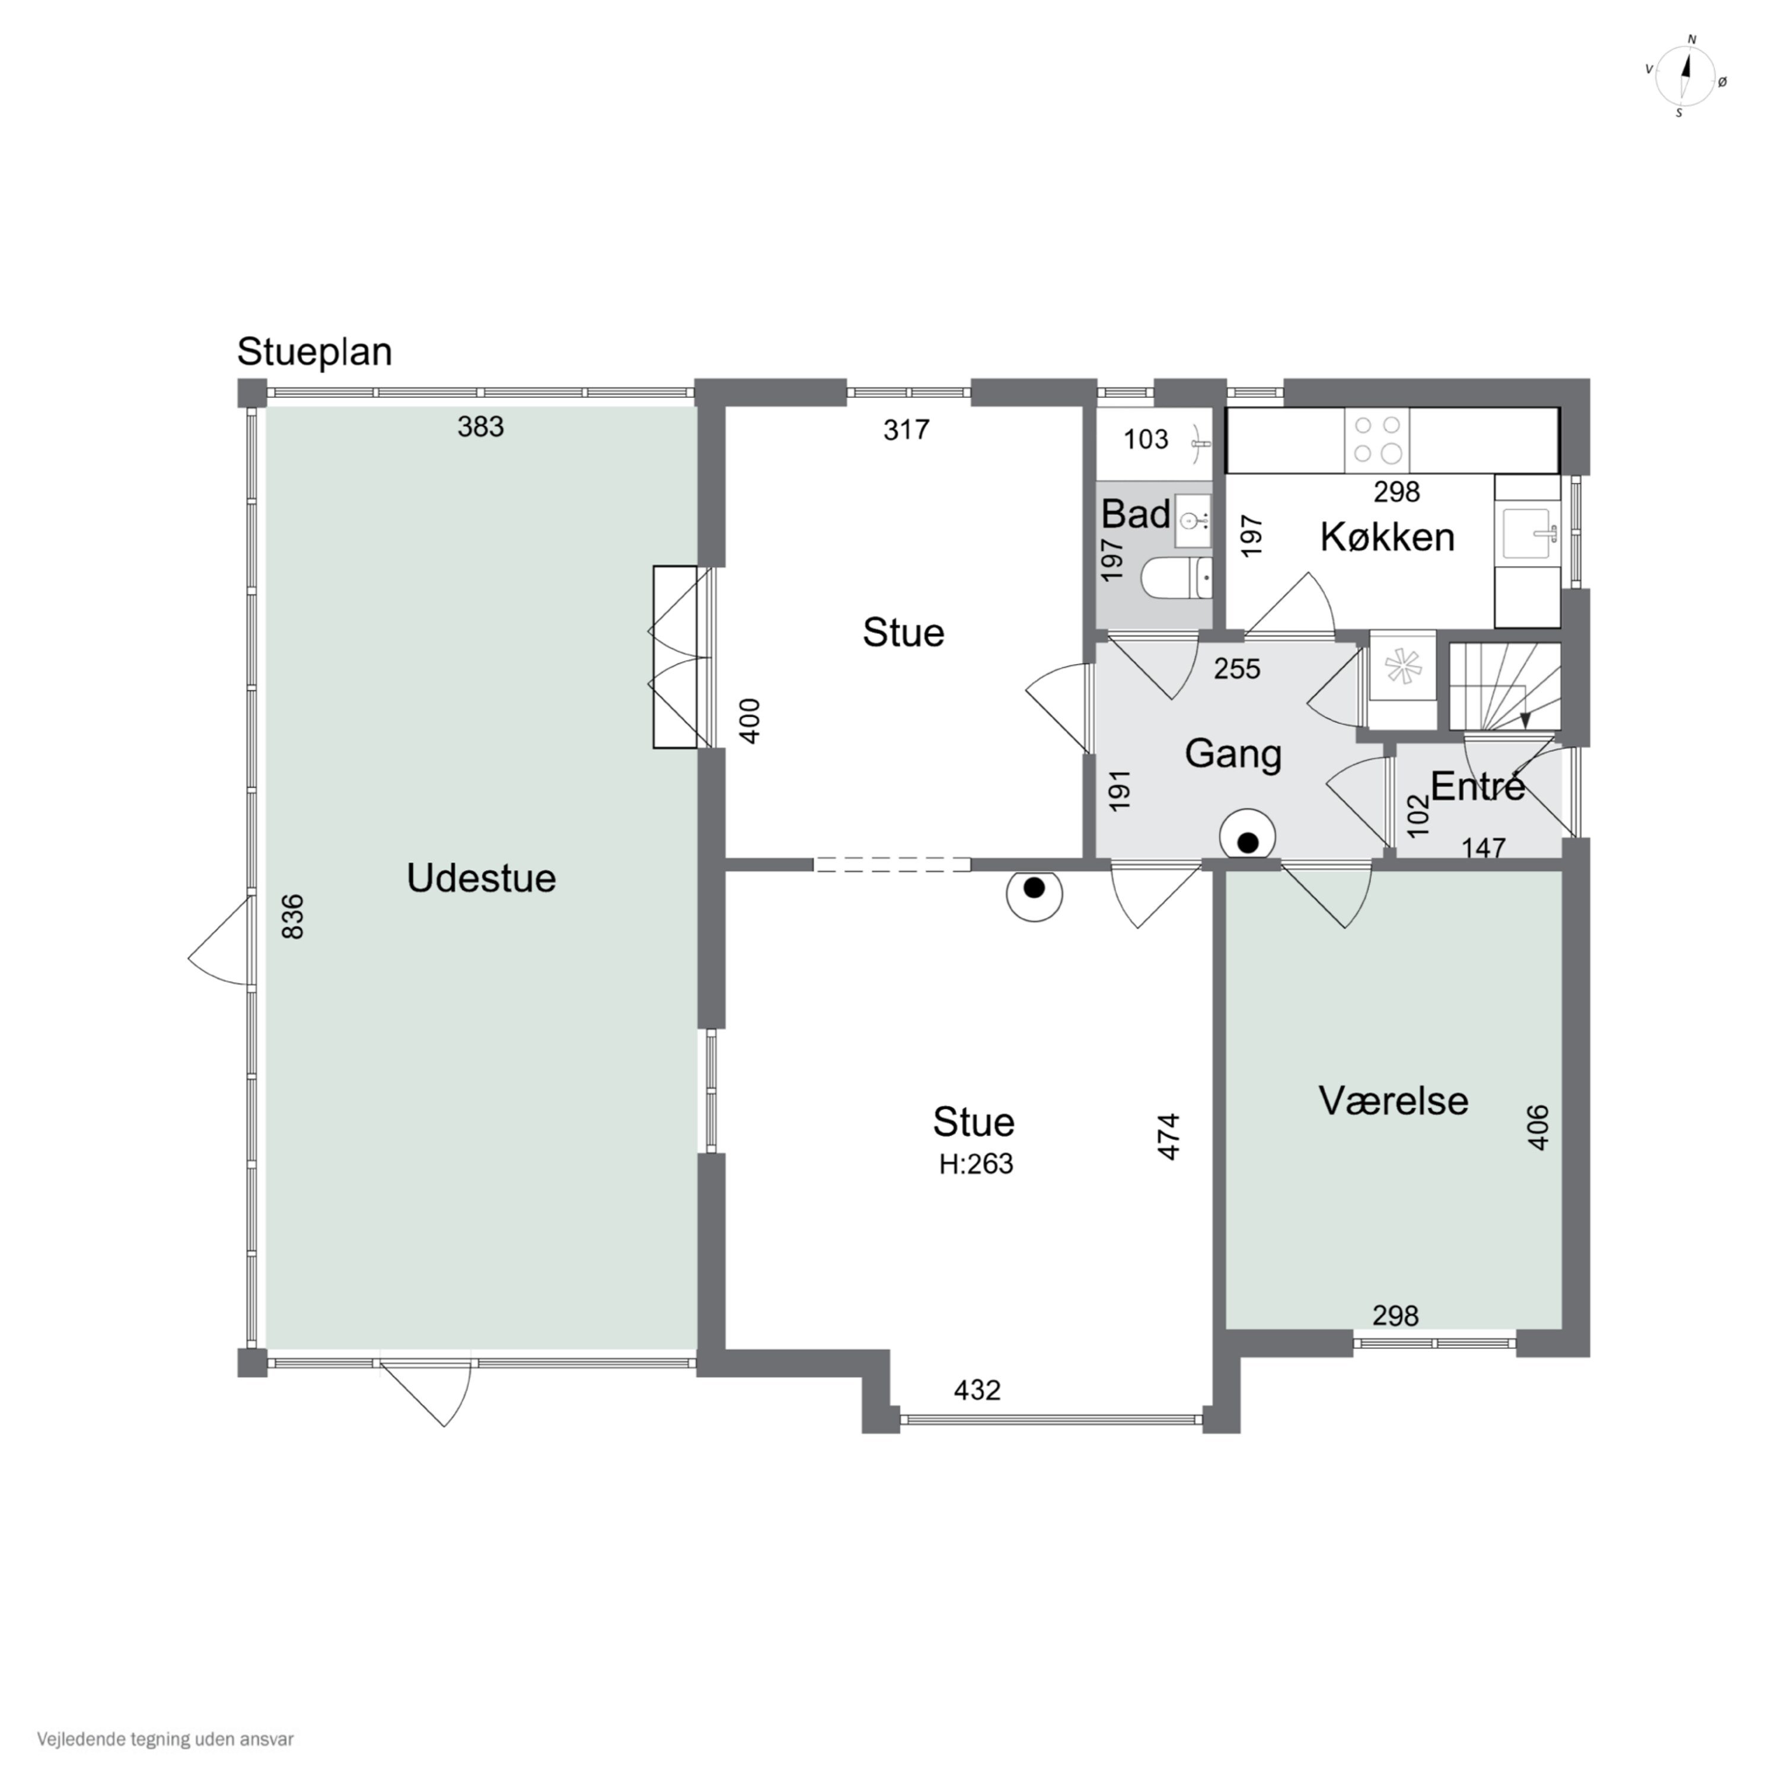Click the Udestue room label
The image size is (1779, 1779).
pyautogui.click(x=481, y=878)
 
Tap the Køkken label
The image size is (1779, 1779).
pyautogui.click(x=1387, y=537)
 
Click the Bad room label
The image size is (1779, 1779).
pyautogui.click(x=1136, y=514)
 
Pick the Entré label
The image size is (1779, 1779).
pyautogui.click(x=1478, y=786)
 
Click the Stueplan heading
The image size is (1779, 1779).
pyautogui.click(x=315, y=352)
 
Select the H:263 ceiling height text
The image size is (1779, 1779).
pyautogui.click(x=976, y=1164)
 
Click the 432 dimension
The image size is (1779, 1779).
pyautogui.click(x=977, y=1389)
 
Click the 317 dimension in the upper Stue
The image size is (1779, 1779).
pyautogui.click(x=906, y=429)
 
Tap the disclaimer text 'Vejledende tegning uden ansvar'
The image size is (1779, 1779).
pyautogui.click(x=166, y=1739)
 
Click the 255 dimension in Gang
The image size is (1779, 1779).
pyautogui.click(x=1236, y=668)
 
